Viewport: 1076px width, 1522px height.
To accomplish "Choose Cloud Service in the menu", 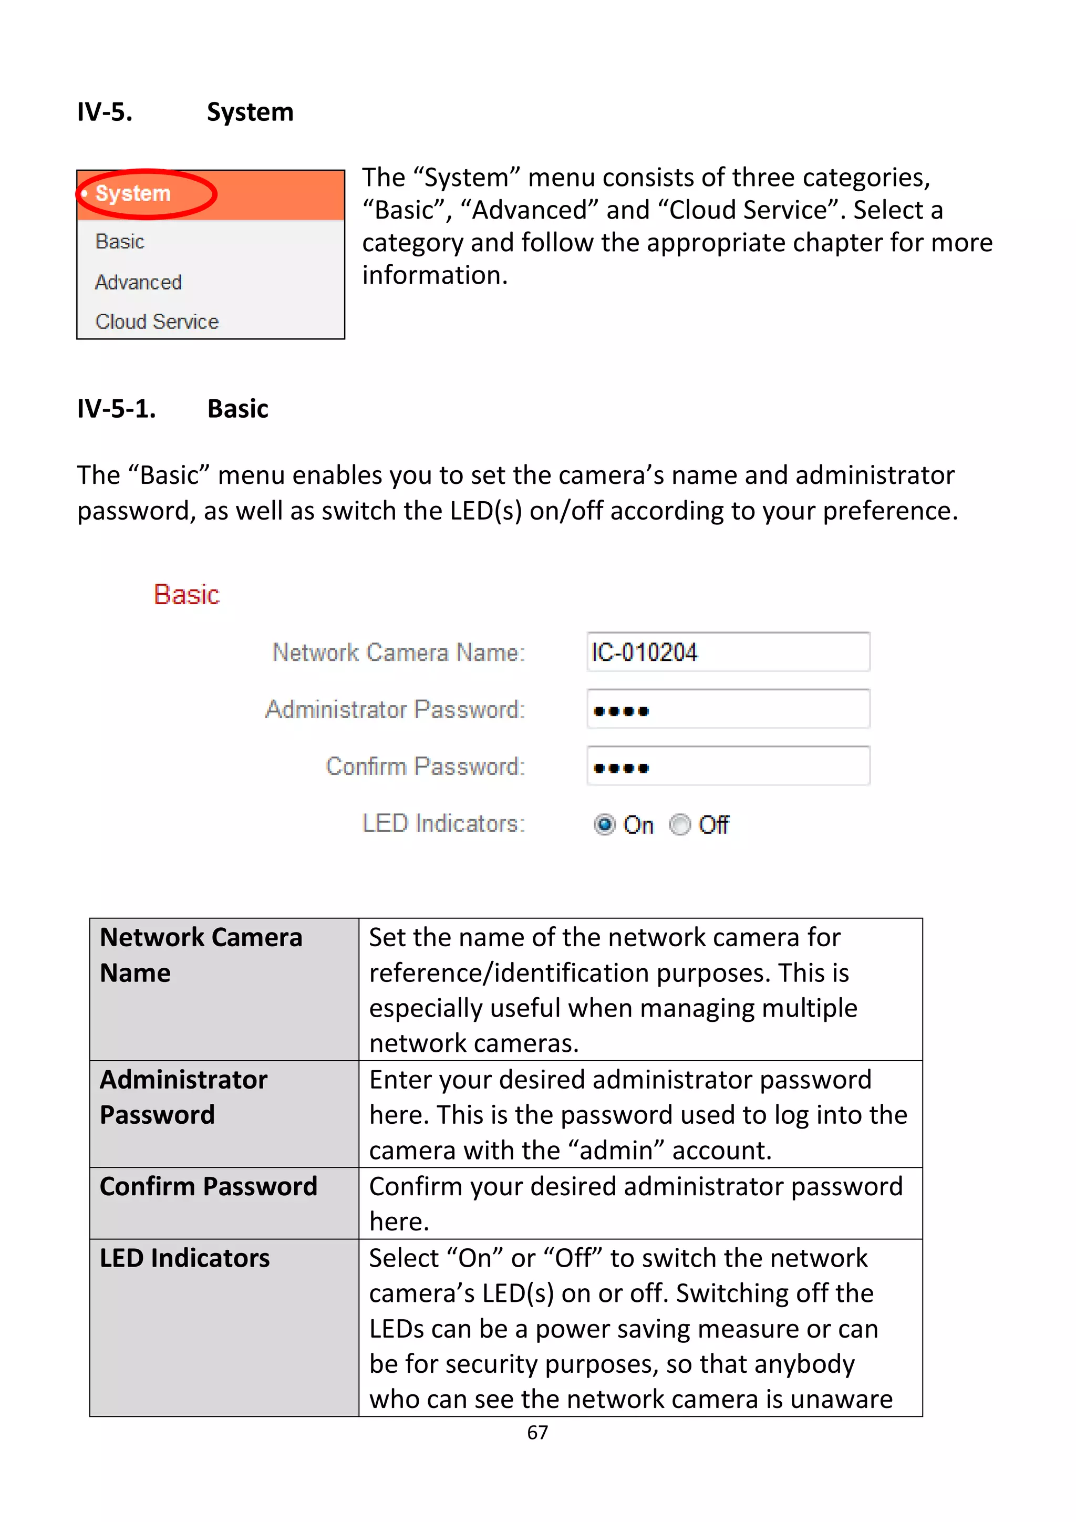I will click(x=157, y=322).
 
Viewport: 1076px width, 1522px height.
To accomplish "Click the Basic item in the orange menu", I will click(x=120, y=241).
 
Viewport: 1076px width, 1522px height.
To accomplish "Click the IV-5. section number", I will click(x=105, y=112).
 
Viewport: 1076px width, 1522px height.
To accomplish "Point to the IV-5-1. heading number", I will click(x=117, y=409).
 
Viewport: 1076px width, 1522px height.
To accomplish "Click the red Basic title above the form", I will click(x=187, y=595).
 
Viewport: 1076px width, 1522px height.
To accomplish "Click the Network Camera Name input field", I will click(x=728, y=653).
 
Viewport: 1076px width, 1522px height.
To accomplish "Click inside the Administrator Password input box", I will click(x=728, y=709).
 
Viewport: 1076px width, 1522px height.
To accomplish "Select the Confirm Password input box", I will click(x=728, y=767).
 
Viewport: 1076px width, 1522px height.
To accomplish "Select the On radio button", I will click(x=604, y=825).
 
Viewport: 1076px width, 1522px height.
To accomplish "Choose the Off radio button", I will click(x=679, y=825).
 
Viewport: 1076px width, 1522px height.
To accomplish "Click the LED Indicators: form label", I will click(x=443, y=823).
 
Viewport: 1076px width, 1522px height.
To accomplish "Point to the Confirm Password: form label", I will click(x=425, y=767).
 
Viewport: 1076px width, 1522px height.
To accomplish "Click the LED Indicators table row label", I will click(x=185, y=1258).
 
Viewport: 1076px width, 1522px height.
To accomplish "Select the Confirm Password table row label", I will click(x=209, y=1187).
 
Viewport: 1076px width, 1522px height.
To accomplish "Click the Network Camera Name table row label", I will click(x=201, y=955).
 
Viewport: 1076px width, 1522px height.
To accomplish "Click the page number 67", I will click(x=537, y=1433).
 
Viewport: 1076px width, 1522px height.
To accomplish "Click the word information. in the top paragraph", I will click(x=435, y=275).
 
